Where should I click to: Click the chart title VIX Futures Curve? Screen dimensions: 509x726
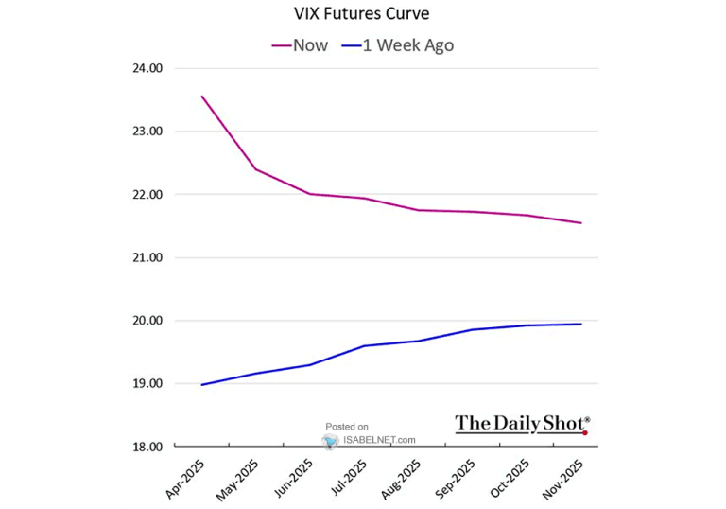(362, 14)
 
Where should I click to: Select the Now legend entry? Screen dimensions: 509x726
(300, 45)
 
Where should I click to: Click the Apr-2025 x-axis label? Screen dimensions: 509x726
(186, 477)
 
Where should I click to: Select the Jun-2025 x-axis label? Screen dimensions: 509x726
(295, 477)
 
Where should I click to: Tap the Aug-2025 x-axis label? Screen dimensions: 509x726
(404, 477)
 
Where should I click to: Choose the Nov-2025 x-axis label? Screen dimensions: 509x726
(566, 477)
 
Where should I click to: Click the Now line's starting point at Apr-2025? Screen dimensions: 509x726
(201, 96)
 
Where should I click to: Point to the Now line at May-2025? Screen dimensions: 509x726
(255, 169)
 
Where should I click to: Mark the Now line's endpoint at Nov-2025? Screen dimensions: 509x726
(581, 223)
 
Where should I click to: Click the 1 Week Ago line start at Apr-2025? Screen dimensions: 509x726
(201, 385)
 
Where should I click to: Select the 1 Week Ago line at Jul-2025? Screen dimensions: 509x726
(364, 346)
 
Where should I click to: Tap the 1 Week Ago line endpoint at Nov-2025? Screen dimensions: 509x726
(581, 325)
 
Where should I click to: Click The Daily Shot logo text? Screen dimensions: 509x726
(522, 424)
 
